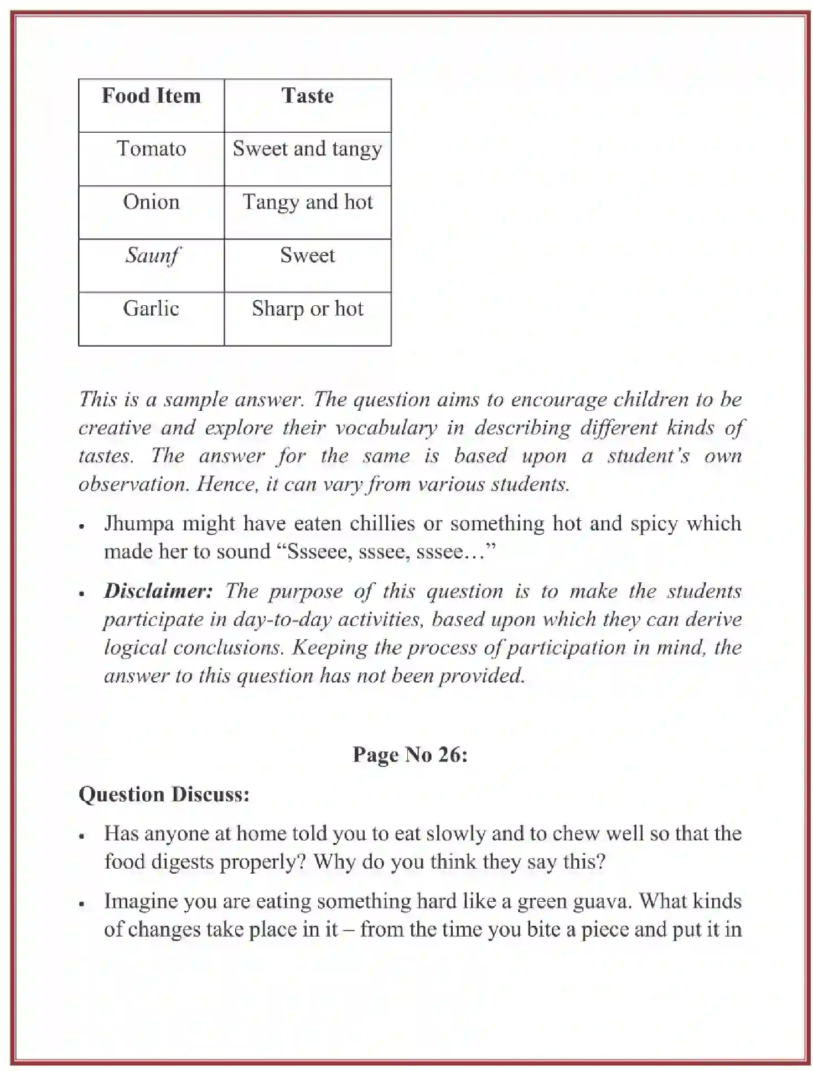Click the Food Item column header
(x=151, y=96)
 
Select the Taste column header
(x=307, y=96)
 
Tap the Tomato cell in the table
(x=151, y=149)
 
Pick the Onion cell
(x=151, y=202)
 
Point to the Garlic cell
(x=151, y=309)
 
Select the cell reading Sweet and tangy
(x=307, y=149)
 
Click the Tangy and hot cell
(x=307, y=202)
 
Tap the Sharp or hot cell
(x=307, y=309)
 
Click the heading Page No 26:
(x=410, y=755)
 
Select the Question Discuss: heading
(x=164, y=795)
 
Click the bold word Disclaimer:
(x=158, y=591)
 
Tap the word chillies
(x=382, y=523)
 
